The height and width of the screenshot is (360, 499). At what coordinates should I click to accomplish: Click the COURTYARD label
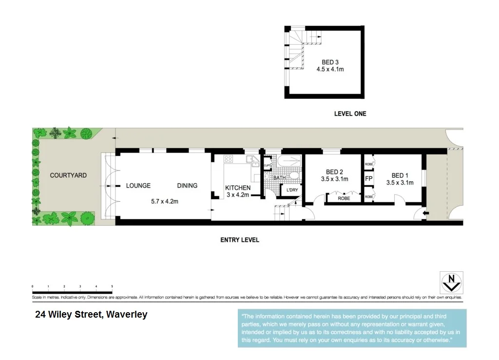click(68, 175)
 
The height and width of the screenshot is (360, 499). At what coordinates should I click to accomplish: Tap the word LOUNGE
click(138, 186)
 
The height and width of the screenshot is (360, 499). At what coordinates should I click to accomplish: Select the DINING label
click(187, 186)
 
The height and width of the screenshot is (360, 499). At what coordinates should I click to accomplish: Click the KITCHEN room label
click(238, 188)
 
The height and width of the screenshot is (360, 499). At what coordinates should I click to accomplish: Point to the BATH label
click(279, 178)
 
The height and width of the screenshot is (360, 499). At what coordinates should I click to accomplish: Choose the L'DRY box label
click(292, 190)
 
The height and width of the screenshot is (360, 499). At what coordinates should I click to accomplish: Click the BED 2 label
click(334, 172)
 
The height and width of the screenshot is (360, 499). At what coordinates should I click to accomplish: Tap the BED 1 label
click(400, 175)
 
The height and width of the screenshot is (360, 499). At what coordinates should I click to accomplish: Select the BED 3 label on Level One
click(330, 62)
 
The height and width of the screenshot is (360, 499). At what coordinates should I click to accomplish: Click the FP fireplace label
click(368, 179)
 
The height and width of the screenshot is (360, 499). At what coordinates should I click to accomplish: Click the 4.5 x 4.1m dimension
click(330, 69)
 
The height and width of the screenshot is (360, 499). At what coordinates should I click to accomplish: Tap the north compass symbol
click(451, 282)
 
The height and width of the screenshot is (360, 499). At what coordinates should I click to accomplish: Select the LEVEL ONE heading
click(350, 114)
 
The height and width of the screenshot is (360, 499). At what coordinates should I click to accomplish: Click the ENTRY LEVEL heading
click(240, 240)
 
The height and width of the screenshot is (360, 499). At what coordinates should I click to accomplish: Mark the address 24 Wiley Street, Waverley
click(91, 315)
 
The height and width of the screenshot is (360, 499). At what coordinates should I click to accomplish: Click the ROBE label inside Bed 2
click(344, 198)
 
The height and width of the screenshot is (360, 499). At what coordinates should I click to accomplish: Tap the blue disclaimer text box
click(352, 328)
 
